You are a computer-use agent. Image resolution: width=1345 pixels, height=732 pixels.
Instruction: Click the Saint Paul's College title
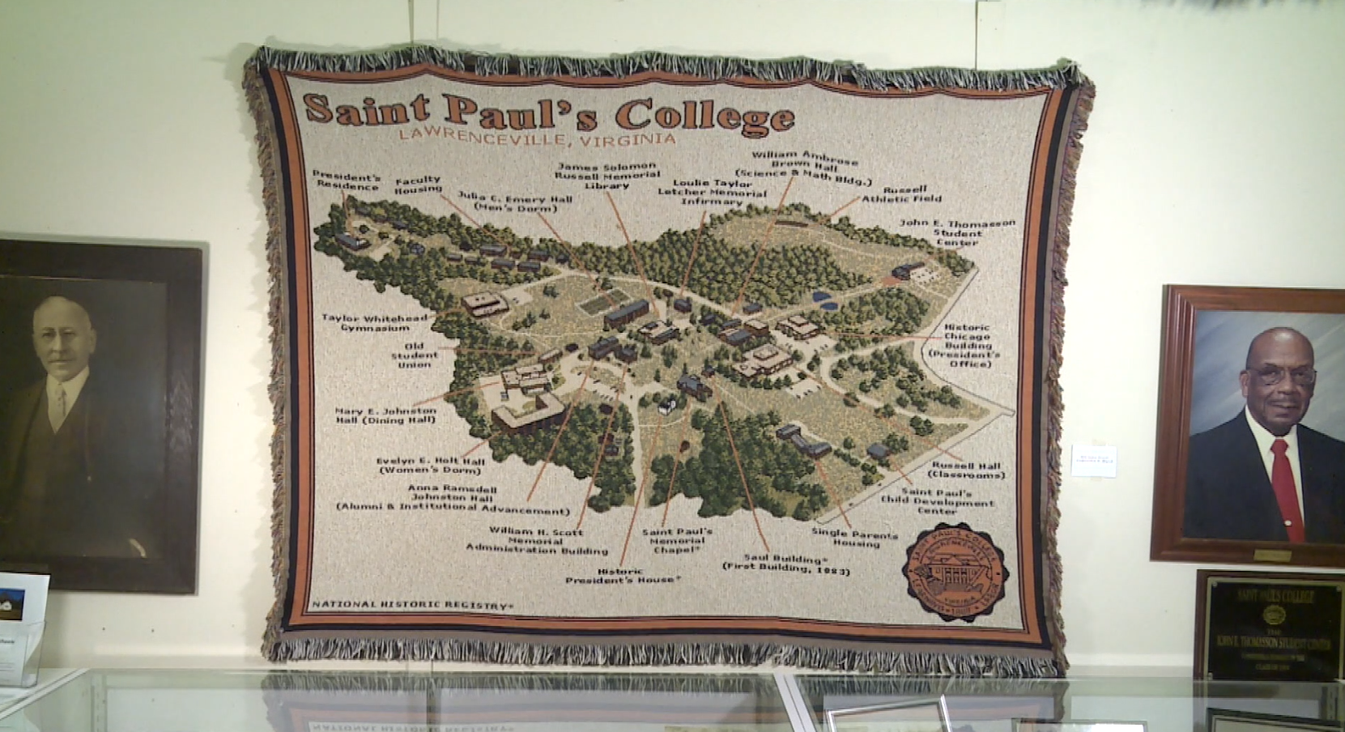(547, 112)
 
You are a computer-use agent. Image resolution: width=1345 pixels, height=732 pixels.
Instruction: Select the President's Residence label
(346, 181)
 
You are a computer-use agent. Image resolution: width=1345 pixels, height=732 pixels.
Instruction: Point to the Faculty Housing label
(418, 185)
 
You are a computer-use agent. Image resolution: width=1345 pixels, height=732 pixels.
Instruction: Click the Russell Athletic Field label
(901, 194)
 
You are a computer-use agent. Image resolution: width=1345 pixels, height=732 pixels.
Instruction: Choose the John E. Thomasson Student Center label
(957, 232)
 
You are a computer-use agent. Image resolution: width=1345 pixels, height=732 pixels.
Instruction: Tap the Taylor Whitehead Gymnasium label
(375, 323)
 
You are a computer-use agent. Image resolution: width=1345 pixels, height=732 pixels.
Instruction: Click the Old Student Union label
(415, 355)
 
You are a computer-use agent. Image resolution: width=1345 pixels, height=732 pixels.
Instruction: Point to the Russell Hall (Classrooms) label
(967, 470)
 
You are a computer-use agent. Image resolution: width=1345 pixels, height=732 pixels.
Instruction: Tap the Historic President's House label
(623, 576)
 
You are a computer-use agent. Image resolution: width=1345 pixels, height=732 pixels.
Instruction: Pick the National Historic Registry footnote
(411, 604)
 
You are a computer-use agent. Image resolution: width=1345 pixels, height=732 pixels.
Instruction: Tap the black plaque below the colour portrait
(1269, 624)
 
